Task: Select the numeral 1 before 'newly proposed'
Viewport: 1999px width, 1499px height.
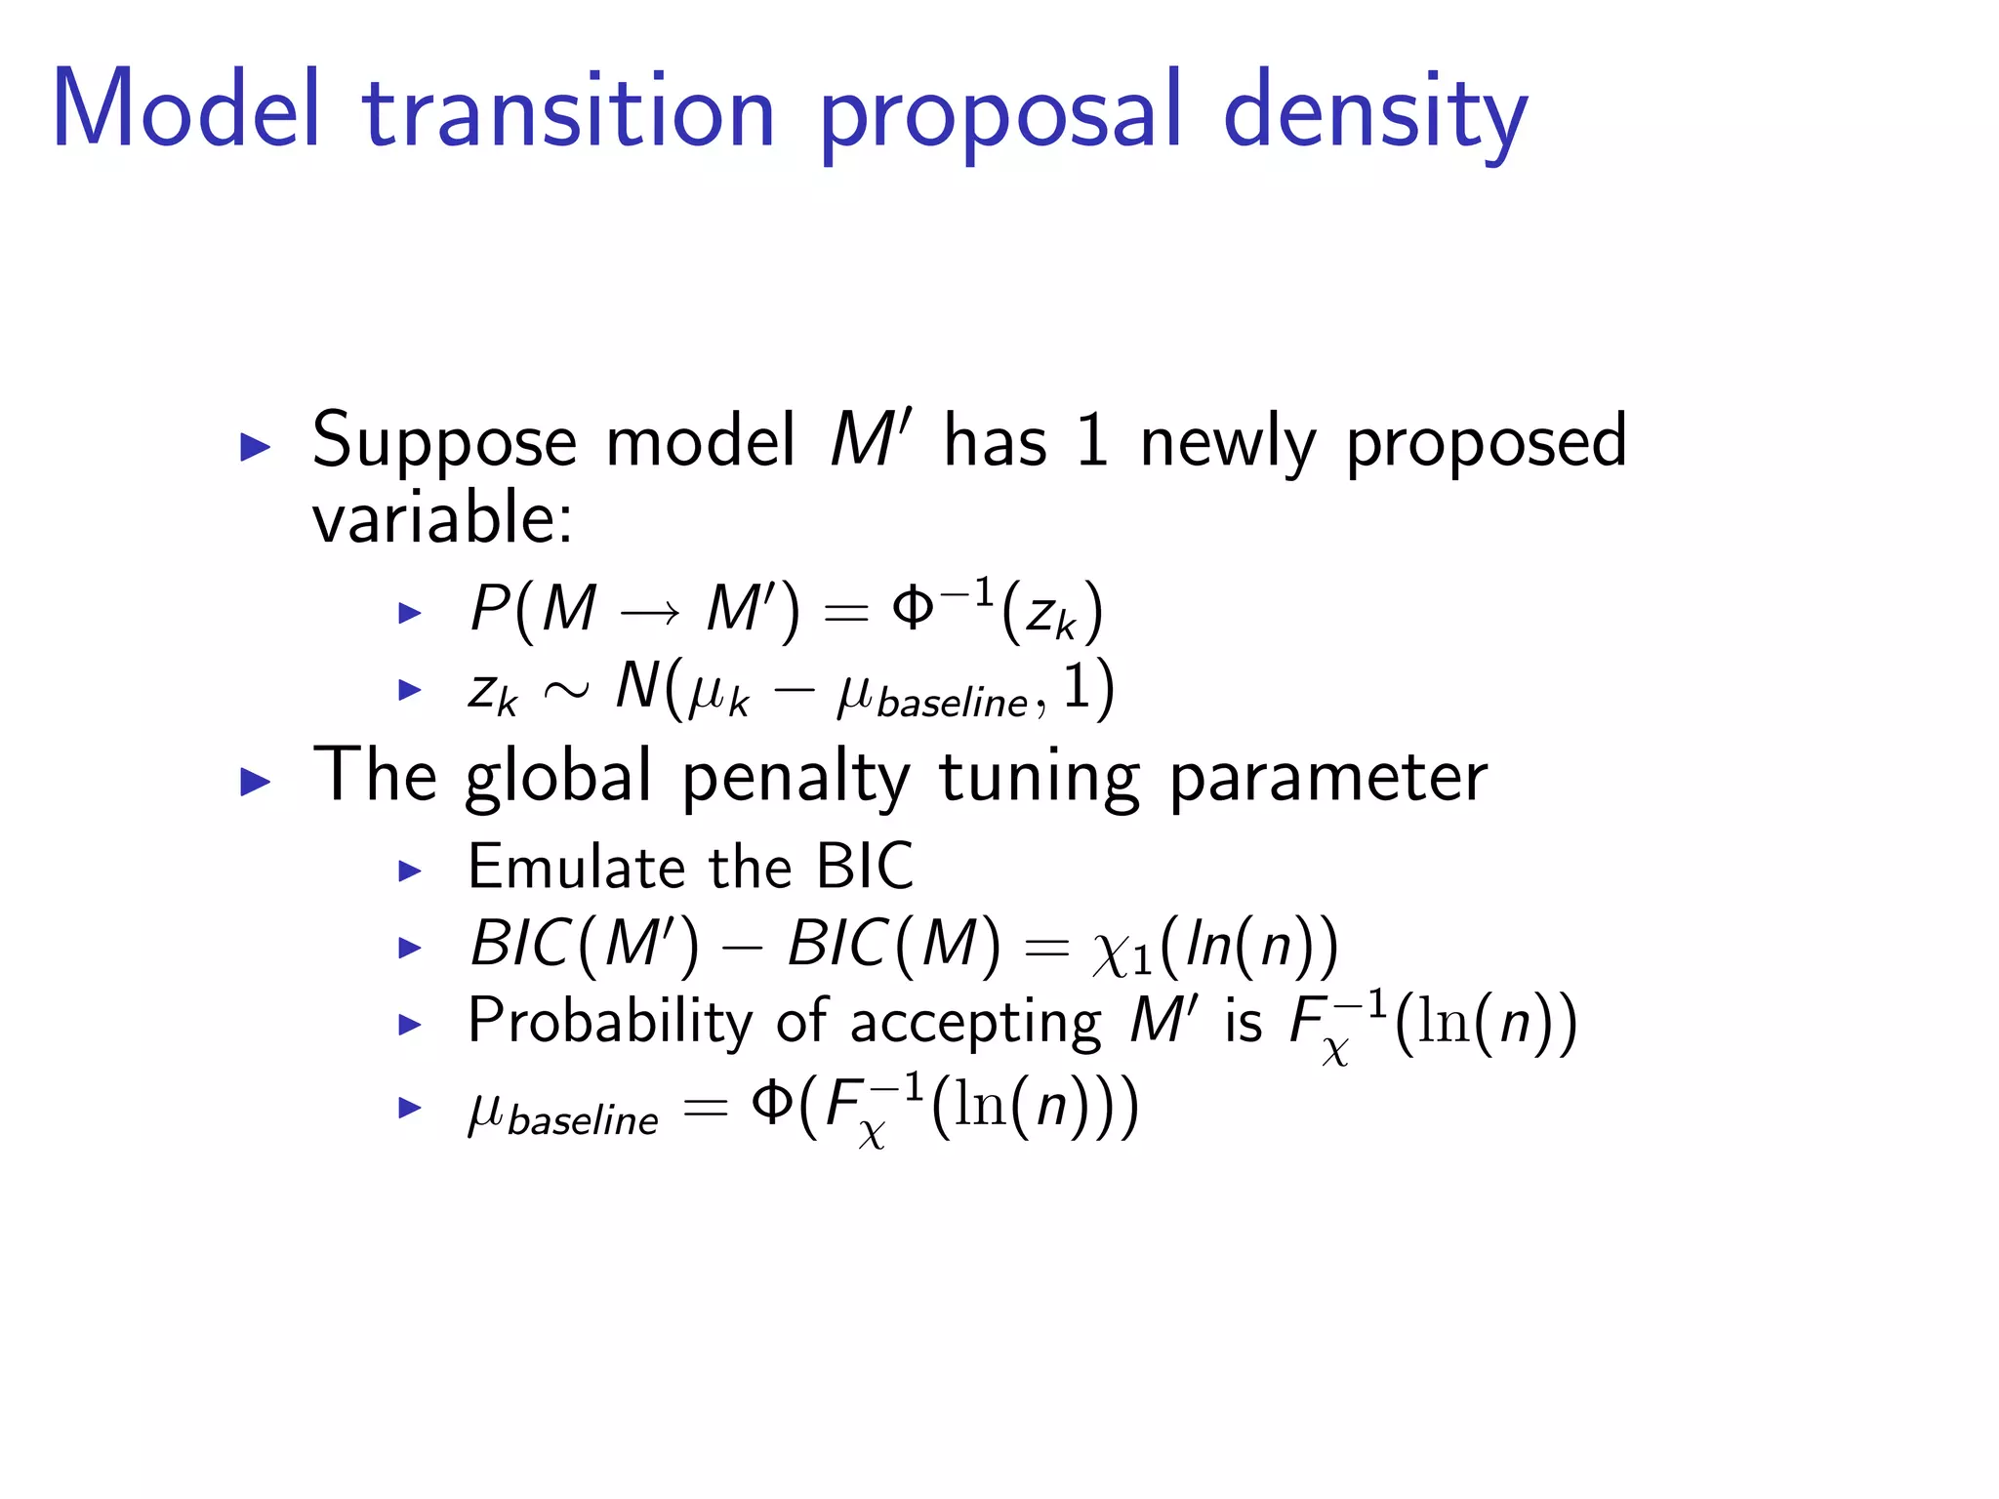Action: click(1091, 441)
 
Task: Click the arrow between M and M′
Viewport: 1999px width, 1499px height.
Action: click(650, 613)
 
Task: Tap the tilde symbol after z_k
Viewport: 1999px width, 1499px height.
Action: click(566, 691)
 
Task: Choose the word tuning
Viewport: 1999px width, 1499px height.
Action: click(1039, 779)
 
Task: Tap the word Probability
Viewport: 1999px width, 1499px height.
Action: click(610, 1023)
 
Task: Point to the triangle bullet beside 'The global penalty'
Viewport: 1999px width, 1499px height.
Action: click(255, 781)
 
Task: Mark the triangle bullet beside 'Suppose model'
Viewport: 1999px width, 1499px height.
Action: click(255, 447)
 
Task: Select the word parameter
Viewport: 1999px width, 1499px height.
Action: click(1328, 779)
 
